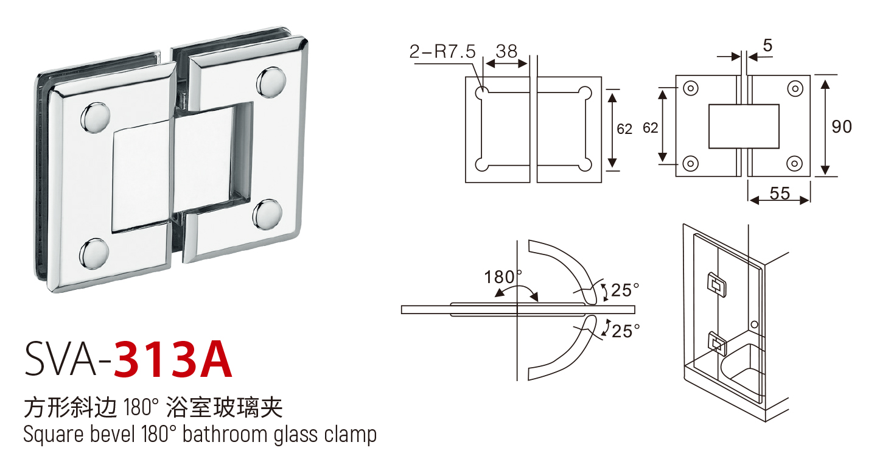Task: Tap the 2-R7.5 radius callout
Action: (442, 51)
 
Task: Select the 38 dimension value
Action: (506, 51)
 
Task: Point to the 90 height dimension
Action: (842, 127)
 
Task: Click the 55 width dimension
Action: (780, 193)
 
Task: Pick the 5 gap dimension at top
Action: (767, 46)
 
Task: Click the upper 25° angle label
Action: (625, 290)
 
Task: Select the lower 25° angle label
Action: (626, 331)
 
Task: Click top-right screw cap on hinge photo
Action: (271, 82)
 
